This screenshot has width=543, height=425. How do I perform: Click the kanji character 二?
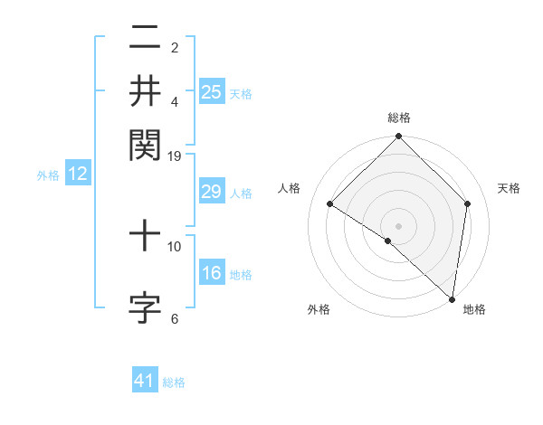coord(146,41)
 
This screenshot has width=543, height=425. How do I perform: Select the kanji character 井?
coord(146,91)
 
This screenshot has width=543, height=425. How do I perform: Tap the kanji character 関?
coord(146,143)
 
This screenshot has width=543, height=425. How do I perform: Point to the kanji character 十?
coord(146,238)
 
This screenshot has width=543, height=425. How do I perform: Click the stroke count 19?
coord(175,156)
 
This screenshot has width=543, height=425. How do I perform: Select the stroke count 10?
coord(175,246)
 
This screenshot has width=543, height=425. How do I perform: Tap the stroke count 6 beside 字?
coord(175,318)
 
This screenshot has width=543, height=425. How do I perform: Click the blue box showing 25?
coord(212,91)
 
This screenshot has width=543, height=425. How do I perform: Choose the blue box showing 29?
coord(212,192)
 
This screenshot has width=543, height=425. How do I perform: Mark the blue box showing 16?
coord(212,274)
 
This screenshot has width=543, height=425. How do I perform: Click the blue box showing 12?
coord(78,175)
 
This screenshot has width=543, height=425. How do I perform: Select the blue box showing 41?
coord(145,382)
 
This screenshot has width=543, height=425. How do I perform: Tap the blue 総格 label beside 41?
coord(174,382)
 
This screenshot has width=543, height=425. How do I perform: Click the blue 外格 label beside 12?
coord(48,175)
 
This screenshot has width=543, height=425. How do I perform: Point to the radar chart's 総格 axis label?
coord(399,118)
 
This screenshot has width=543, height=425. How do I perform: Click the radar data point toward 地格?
coord(451,297)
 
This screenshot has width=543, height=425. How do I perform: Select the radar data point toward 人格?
coord(330,204)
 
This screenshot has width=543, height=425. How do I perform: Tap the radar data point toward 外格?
coord(388,241)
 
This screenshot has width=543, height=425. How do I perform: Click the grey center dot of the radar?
coord(399,225)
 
